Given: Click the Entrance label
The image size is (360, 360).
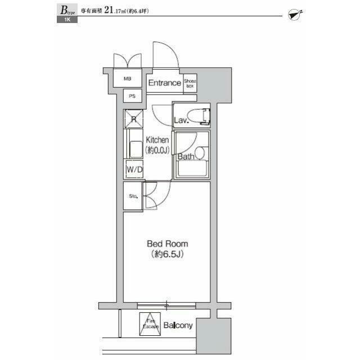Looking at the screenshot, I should coord(164,83).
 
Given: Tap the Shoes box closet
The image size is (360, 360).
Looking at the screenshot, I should coord(190,83).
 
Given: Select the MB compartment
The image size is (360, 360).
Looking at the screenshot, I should coord(128,79).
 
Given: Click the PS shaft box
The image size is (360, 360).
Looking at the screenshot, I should coord(132,96).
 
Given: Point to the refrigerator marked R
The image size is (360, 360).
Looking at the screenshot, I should coord(134,119).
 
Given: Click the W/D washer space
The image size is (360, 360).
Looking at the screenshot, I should coord(133,169).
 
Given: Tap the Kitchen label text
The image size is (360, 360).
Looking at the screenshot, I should coord(157,139).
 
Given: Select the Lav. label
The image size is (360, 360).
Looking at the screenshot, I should coord(181,120).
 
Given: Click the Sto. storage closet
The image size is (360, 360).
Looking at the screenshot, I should coord(133,196).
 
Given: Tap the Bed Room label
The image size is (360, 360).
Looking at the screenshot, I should coord(167,244).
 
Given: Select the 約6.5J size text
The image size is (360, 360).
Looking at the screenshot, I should coord(167,254).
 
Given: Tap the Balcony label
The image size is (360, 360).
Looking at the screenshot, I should coord(179,326).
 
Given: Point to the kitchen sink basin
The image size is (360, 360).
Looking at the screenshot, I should coord(136,149).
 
